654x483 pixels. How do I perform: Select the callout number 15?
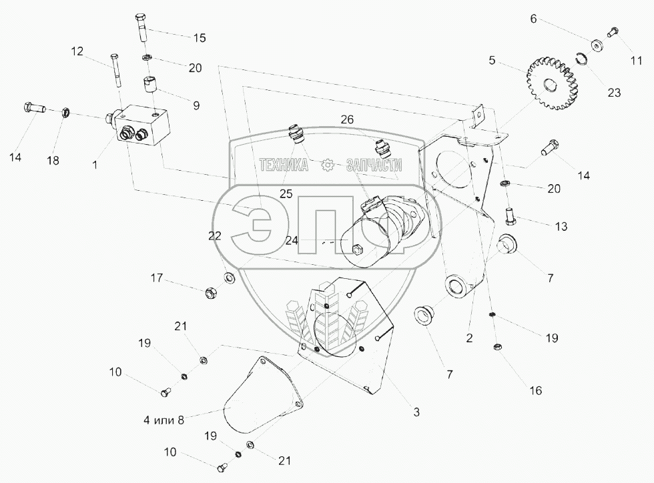pyautogui.click(x=200, y=38)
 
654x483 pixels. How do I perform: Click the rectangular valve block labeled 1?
pyautogui.click(x=141, y=129)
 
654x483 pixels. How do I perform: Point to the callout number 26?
pyautogui.click(x=346, y=120)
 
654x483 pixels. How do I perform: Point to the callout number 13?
pyautogui.click(x=561, y=227)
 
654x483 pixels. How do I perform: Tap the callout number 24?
pyautogui.click(x=291, y=241)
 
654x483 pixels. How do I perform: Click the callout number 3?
pyautogui.click(x=416, y=413)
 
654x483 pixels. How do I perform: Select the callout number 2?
pyautogui.click(x=469, y=338)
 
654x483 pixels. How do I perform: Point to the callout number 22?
pyautogui.click(x=214, y=235)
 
